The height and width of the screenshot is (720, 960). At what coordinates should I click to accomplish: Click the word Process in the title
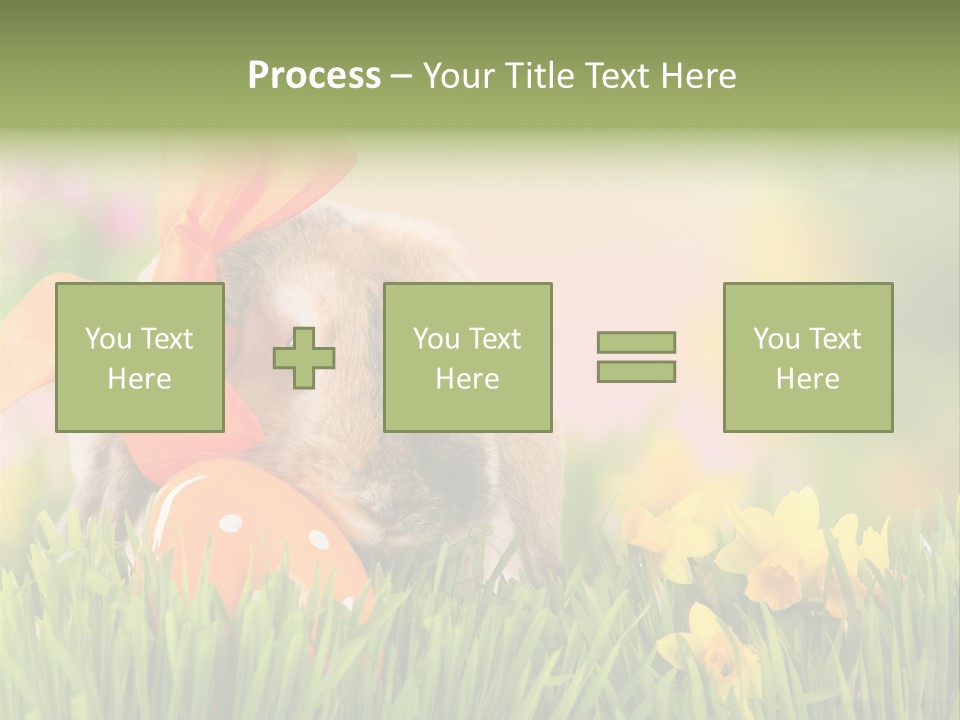point(314,76)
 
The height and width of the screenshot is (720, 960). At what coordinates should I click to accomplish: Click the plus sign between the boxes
point(304,358)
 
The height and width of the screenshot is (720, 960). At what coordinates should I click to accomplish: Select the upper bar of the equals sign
point(636,342)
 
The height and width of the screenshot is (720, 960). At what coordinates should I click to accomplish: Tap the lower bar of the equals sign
point(636,372)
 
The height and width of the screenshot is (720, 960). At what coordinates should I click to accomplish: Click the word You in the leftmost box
point(106,339)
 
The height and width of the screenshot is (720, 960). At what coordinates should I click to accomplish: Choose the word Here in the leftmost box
point(139,379)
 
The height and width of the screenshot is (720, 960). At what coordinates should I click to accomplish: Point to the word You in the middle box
point(435,339)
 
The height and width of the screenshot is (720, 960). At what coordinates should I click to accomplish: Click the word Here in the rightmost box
point(807,379)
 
